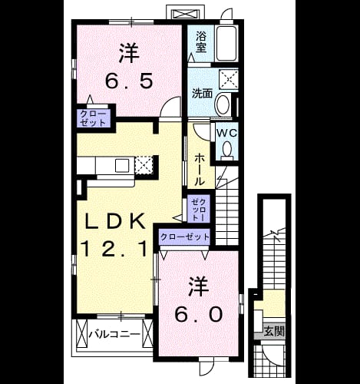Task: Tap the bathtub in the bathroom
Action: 226,43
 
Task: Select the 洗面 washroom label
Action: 202,94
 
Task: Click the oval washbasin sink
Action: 223,104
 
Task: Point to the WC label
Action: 227,133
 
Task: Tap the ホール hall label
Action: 200,170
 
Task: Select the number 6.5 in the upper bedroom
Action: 129,80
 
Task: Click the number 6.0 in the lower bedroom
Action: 198,314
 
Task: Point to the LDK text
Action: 115,222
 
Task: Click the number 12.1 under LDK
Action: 114,250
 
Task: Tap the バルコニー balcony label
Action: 114,334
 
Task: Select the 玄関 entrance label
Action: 274,332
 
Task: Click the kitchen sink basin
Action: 122,165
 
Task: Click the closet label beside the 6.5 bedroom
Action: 93,118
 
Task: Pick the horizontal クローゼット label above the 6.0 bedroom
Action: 185,237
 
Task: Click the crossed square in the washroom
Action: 229,79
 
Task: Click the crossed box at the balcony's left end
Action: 81,334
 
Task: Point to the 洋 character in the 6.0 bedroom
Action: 199,286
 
